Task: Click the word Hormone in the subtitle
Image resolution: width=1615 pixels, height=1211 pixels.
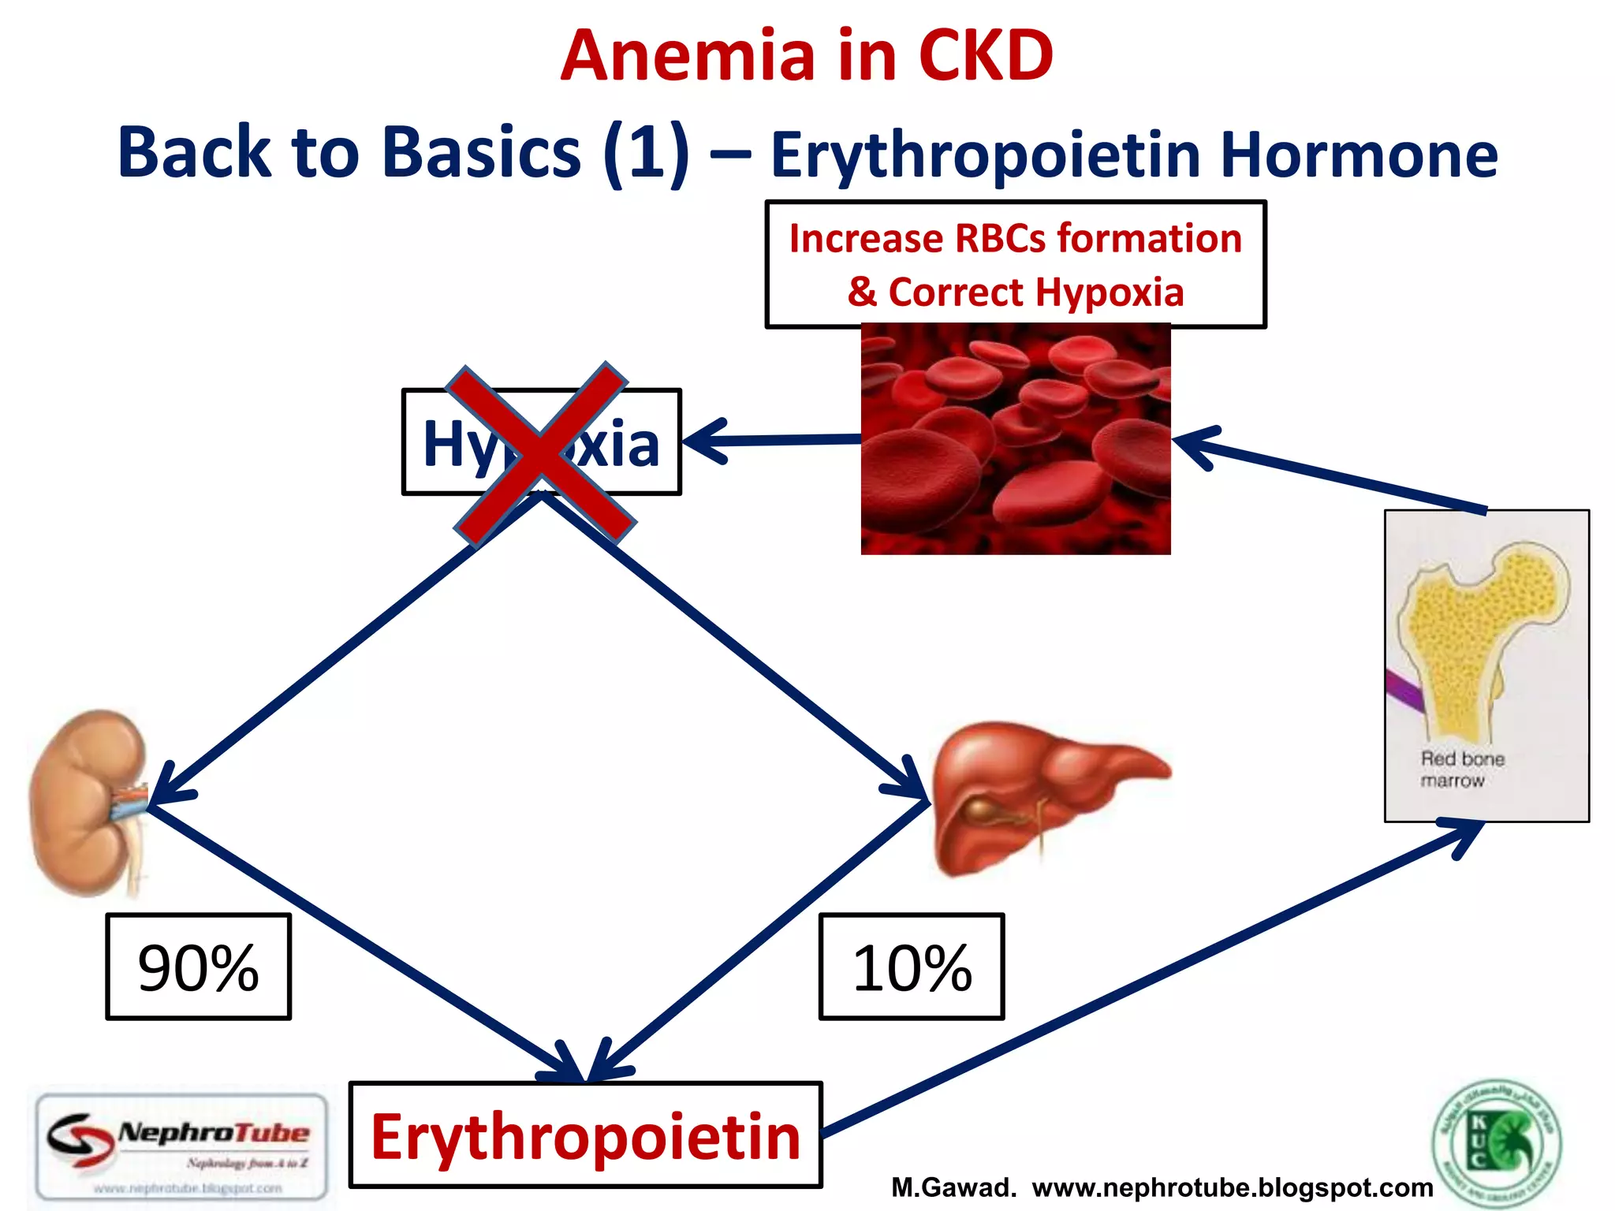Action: click(x=1358, y=155)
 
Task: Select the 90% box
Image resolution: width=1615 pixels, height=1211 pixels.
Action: click(x=198, y=967)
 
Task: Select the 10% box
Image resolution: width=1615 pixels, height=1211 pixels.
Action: click(x=912, y=967)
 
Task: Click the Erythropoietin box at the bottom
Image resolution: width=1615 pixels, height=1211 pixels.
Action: click(x=585, y=1135)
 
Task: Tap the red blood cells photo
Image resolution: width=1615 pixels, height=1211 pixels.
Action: click(x=1016, y=440)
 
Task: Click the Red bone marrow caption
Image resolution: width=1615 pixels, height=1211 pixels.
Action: click(x=1461, y=769)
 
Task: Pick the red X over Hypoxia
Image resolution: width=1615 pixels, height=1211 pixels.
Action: click(x=541, y=454)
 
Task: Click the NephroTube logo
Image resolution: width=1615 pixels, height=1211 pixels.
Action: click(x=181, y=1145)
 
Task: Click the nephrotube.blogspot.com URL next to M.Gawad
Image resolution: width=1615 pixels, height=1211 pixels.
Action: click(x=1232, y=1187)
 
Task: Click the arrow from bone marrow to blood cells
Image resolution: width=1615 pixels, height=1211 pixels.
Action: click(x=1333, y=475)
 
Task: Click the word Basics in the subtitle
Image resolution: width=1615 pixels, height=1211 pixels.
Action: click(x=481, y=151)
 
